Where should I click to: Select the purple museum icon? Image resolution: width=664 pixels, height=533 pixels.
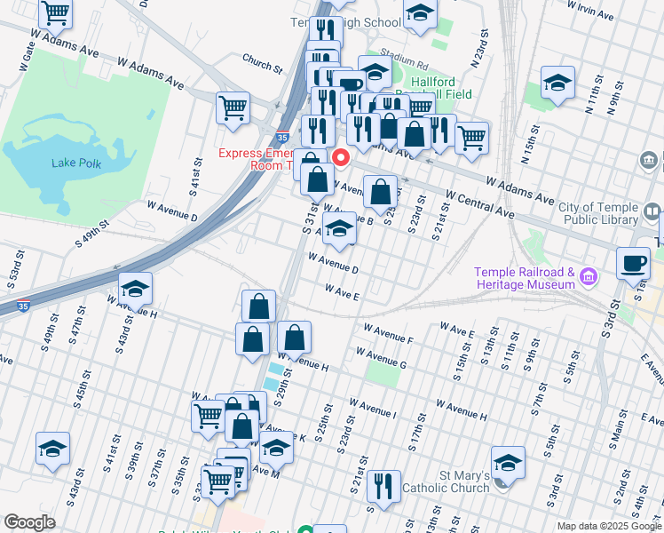click(587, 279)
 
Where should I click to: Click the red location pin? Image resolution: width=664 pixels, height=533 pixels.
click(340, 158)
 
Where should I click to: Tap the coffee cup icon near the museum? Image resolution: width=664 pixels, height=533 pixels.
click(634, 263)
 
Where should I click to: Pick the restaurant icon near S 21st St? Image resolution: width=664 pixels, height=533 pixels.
click(383, 486)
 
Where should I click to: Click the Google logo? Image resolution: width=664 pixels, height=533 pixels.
click(29, 523)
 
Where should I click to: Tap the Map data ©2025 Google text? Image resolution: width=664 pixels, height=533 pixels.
click(608, 526)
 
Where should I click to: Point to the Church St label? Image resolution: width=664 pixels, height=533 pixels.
click(262, 63)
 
